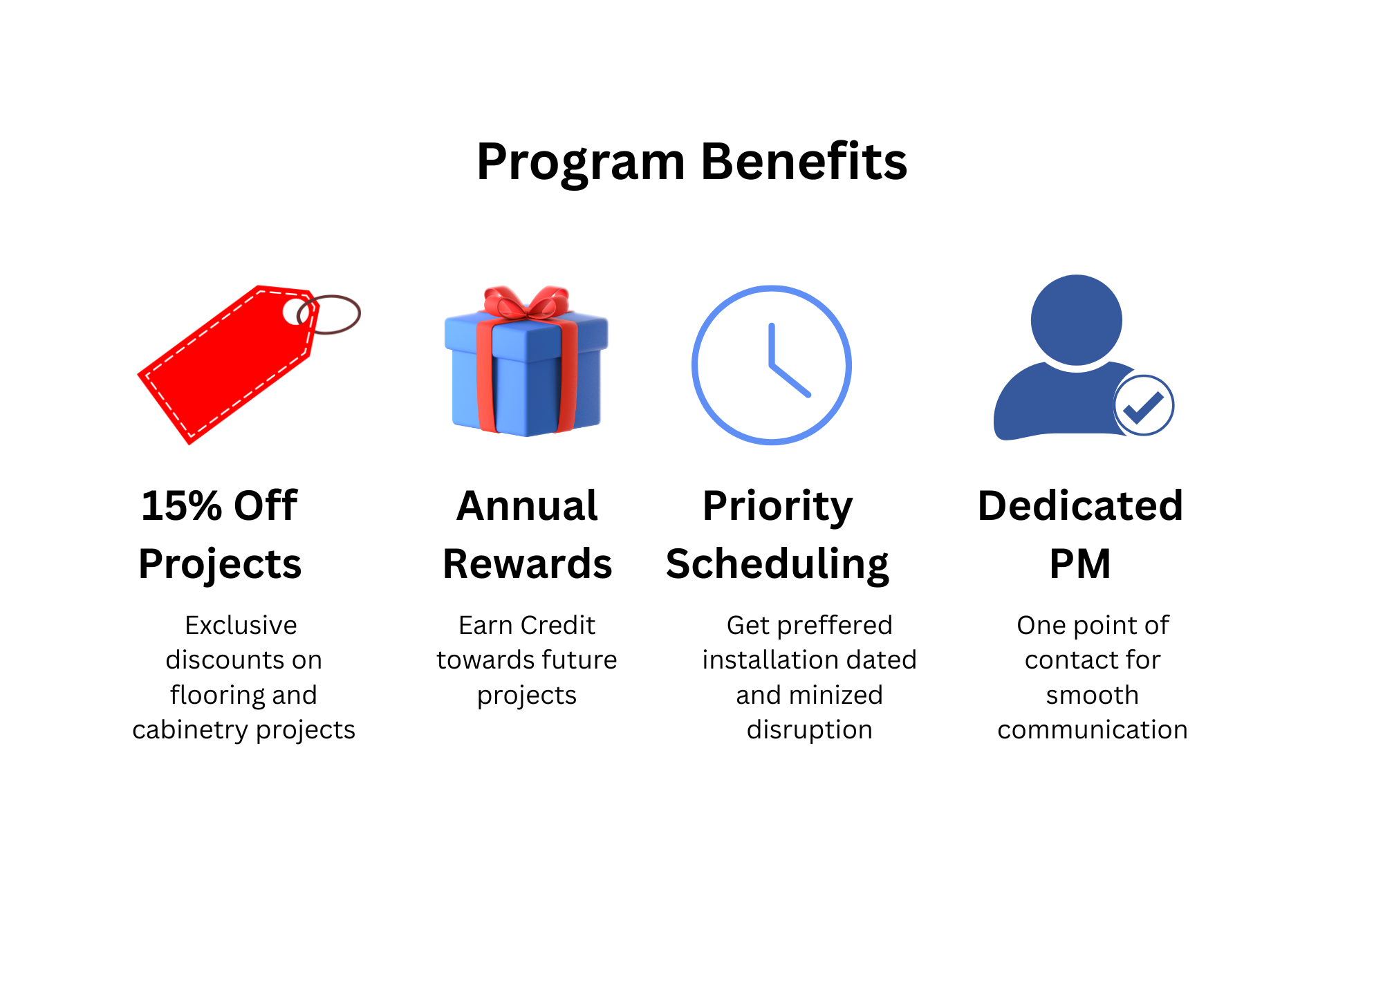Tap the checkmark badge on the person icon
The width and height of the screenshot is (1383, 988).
1144,406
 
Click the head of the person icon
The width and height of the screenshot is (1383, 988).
1076,319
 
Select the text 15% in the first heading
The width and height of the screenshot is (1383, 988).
181,505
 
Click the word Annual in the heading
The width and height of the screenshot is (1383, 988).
527,505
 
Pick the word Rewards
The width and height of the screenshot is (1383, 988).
527,563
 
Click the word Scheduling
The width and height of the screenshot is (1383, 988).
777,563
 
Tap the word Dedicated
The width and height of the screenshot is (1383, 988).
1080,505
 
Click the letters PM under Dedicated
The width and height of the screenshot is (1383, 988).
1080,563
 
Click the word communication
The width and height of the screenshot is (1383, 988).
1092,730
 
